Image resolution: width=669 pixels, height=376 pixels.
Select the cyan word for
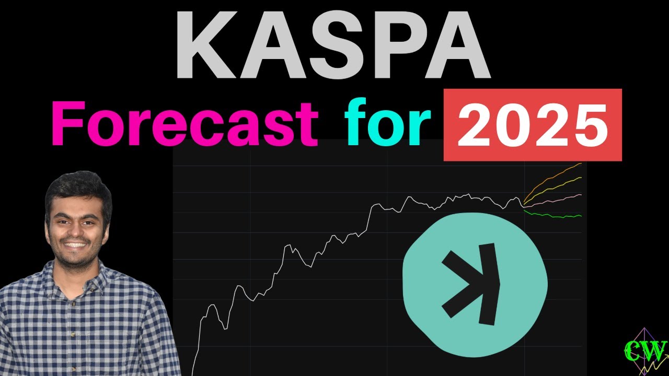click(x=387, y=124)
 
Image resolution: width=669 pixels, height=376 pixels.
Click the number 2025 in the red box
click(x=532, y=125)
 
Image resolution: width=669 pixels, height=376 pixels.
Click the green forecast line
click(x=554, y=216)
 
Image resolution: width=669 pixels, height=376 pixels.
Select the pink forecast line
click(x=554, y=200)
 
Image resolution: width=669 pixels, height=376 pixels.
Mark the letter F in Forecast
click(x=65, y=124)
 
